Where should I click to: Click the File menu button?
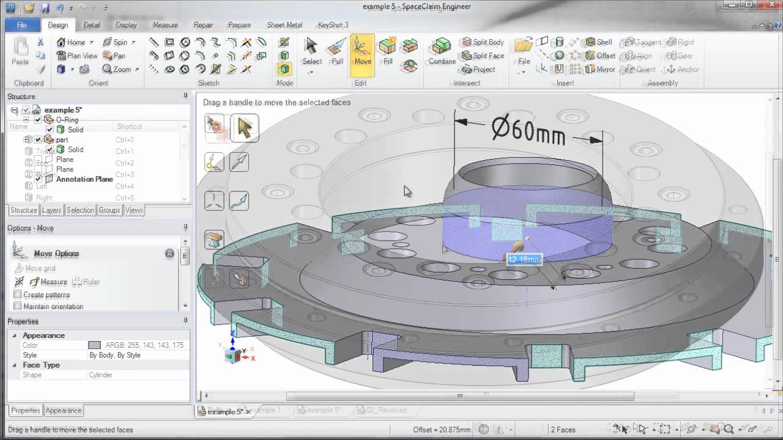click(x=21, y=25)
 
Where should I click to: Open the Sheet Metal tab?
click(x=284, y=25)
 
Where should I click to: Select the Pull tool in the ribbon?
click(x=337, y=51)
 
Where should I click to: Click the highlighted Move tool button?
click(x=362, y=51)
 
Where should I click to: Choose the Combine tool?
click(x=442, y=51)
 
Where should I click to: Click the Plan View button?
click(x=77, y=56)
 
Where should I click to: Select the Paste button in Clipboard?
click(x=20, y=51)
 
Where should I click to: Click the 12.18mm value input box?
click(x=524, y=260)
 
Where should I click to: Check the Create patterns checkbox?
click(x=18, y=295)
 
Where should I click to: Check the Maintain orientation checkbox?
click(x=18, y=306)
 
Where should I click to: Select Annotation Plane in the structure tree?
click(x=84, y=180)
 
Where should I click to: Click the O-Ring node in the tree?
click(x=67, y=120)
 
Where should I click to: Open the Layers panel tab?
click(x=51, y=210)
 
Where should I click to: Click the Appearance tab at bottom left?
click(x=64, y=411)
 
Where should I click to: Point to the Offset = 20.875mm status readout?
click(x=442, y=430)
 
